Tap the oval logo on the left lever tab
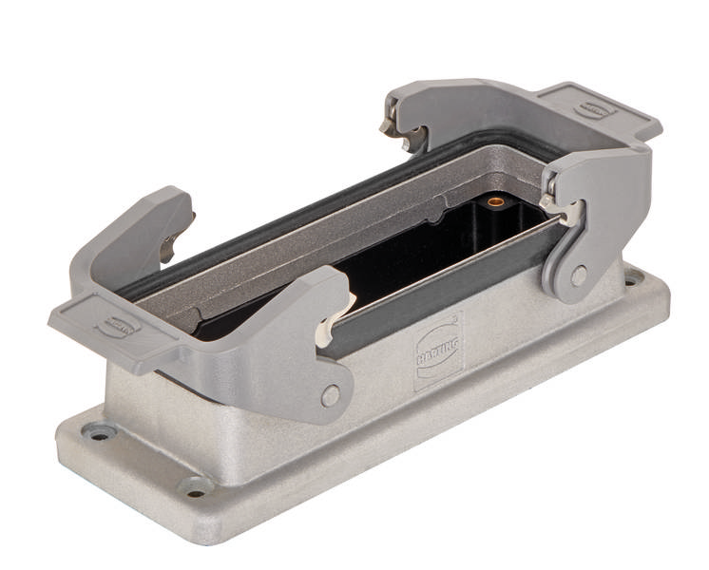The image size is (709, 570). pyautogui.click(x=118, y=326)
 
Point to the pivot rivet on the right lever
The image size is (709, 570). pyautogui.click(x=579, y=275)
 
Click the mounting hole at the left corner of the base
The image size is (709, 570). pyautogui.click(x=98, y=432)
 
